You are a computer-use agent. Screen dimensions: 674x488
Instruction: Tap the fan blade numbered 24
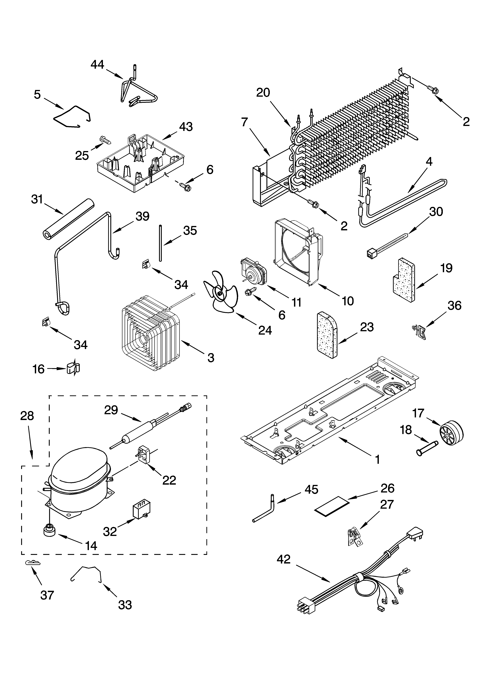tap(220, 294)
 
